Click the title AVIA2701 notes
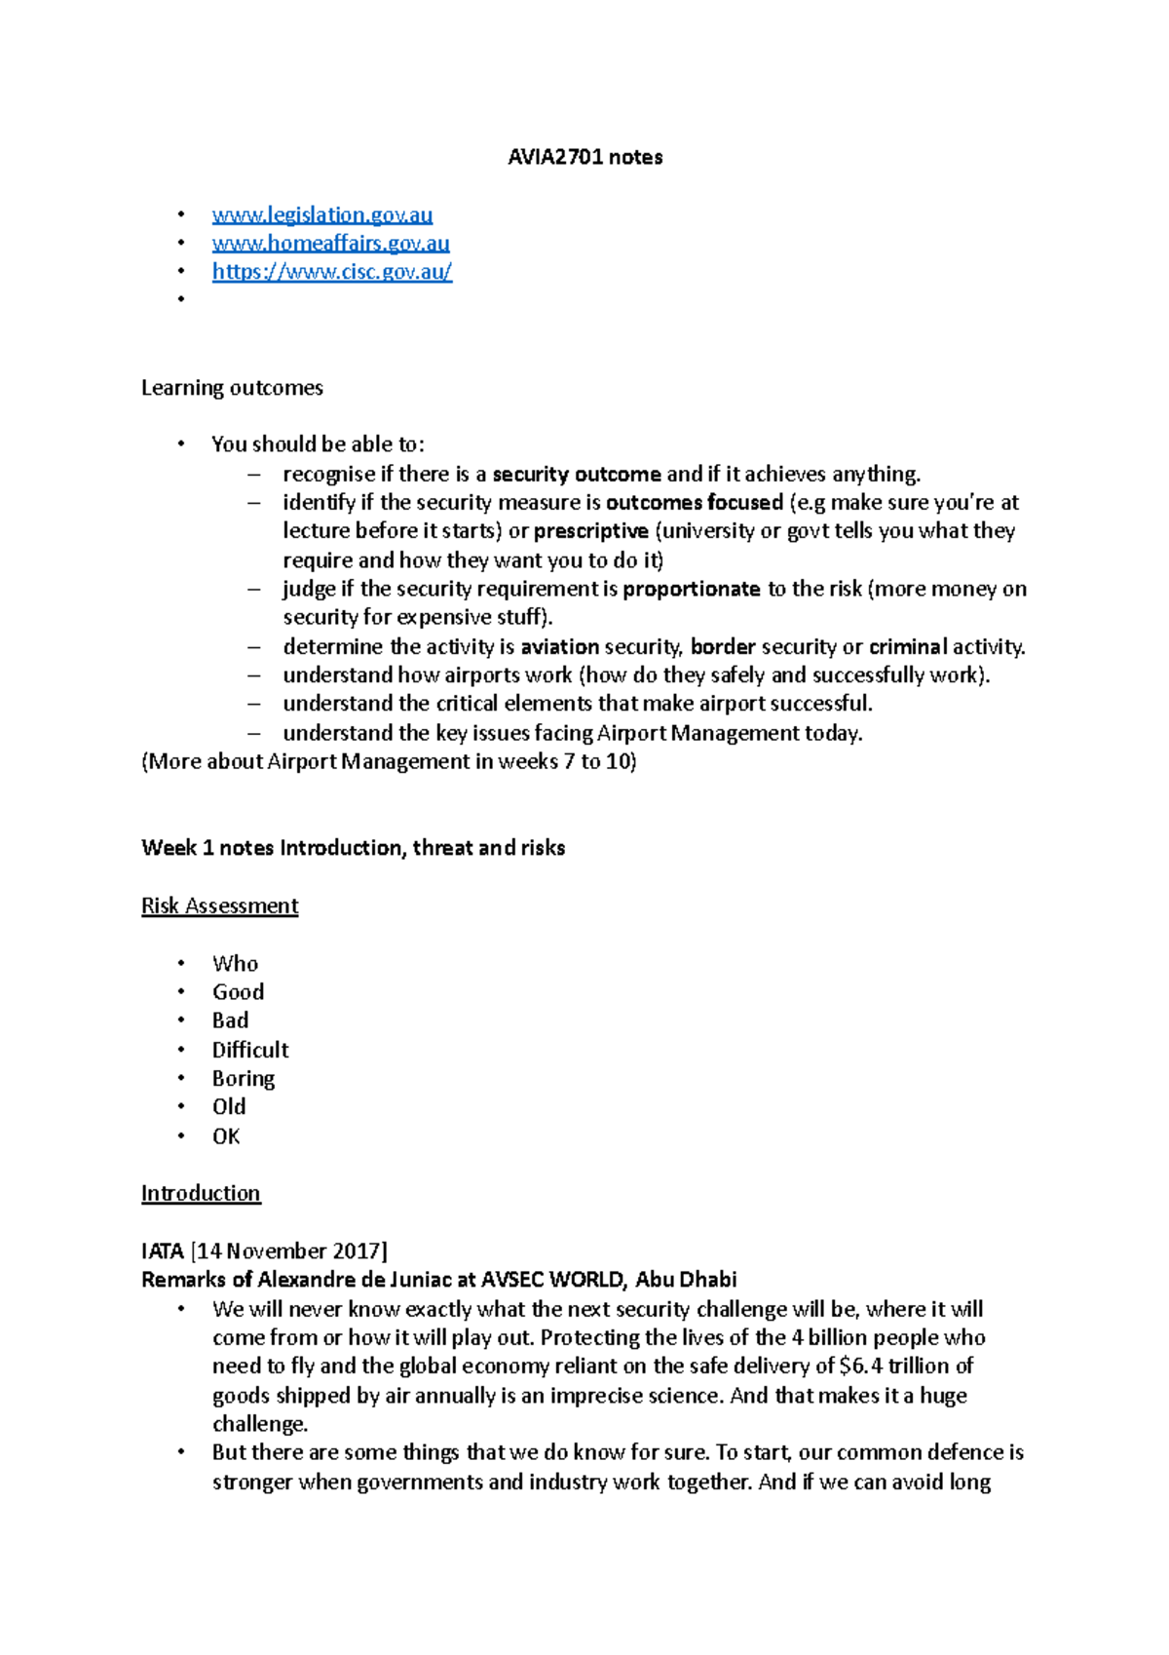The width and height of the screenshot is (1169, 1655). click(x=584, y=157)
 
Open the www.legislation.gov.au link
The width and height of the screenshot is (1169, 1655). click(x=321, y=214)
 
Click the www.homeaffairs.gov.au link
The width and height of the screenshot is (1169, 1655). click(x=330, y=243)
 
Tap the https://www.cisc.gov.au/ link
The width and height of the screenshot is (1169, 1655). click(x=331, y=271)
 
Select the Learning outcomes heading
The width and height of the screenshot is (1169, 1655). click(x=232, y=388)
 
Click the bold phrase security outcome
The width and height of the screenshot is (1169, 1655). click(x=577, y=475)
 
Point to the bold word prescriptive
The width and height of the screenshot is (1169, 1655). click(x=590, y=531)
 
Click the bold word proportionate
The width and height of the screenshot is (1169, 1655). click(x=691, y=589)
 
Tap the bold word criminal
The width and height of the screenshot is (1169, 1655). click(x=908, y=646)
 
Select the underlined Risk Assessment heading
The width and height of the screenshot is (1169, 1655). click(x=219, y=905)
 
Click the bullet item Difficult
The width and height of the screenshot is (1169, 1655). click(x=250, y=1050)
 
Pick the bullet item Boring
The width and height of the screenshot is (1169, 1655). click(x=244, y=1078)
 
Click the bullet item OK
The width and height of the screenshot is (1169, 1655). click(x=226, y=1136)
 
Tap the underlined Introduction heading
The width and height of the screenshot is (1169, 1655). click(x=201, y=1193)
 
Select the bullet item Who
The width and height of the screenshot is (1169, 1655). click(x=235, y=964)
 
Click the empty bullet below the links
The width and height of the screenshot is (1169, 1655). click(x=181, y=299)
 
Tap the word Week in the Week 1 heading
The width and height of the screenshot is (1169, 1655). click(x=169, y=848)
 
